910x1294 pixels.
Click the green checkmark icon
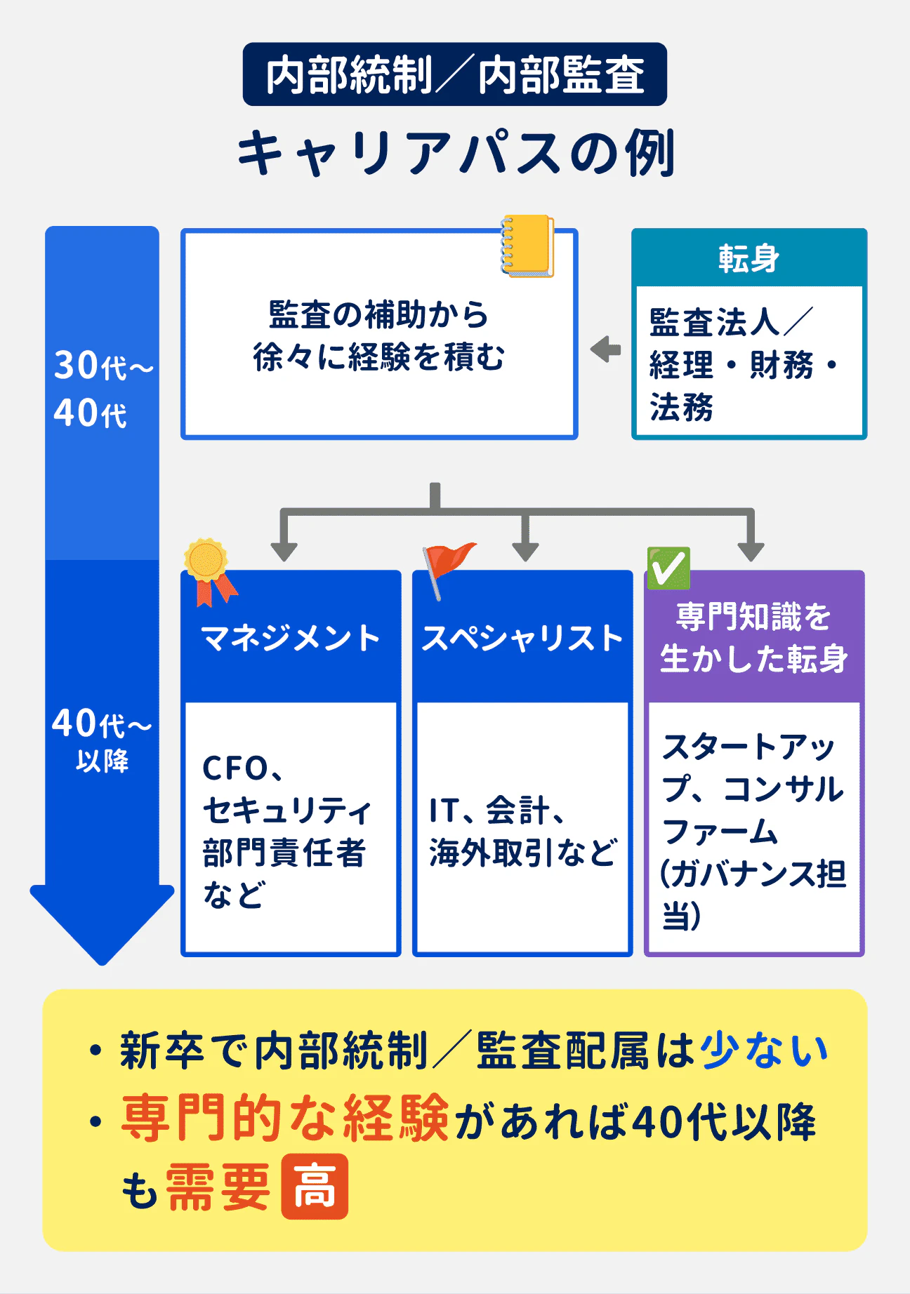(x=668, y=568)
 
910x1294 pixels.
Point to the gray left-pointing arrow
(x=605, y=349)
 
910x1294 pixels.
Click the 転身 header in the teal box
(x=749, y=258)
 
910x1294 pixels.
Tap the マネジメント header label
(x=290, y=639)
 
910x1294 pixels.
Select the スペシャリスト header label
(x=522, y=639)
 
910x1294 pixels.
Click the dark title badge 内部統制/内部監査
(x=454, y=75)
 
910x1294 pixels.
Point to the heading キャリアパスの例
(x=456, y=153)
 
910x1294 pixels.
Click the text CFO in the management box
(x=235, y=768)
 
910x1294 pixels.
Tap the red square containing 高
(x=315, y=1186)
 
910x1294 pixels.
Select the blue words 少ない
(x=764, y=1050)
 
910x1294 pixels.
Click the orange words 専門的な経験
(x=285, y=1117)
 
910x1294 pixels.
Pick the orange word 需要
(x=218, y=1187)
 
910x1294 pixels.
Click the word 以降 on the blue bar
(x=103, y=761)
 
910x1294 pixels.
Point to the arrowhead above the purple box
(x=751, y=551)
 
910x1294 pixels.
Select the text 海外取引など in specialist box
(x=523, y=853)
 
